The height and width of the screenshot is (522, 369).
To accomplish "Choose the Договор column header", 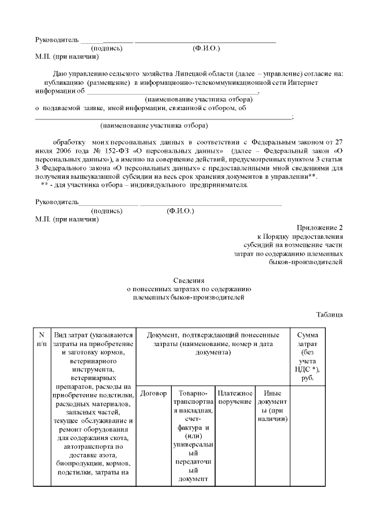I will (153, 393).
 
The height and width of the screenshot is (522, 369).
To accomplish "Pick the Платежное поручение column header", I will (235, 397).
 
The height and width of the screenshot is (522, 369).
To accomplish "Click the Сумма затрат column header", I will (311, 356).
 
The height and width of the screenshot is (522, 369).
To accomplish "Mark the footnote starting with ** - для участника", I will (144, 185).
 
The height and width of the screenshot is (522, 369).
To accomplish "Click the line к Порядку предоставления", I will (300, 236).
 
